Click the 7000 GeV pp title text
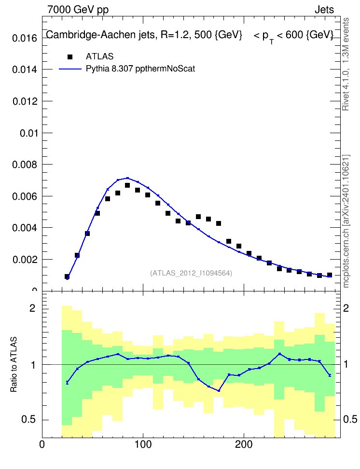[78, 10]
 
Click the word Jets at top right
[324, 10]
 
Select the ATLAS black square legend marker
[70, 56]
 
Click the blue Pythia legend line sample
[70, 69]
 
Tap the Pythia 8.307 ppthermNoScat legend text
[140, 69]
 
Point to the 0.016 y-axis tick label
[25, 38]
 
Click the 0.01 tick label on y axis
[28, 133]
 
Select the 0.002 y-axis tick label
[25, 259]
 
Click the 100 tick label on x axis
[143, 444]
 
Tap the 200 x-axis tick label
[244, 444]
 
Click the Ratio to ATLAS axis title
[14, 365]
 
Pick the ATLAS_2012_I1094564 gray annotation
[191, 273]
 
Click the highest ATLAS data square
[127, 185]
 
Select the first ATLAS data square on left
[67, 276]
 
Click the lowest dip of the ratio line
[219, 391]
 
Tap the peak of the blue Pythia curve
[127, 178]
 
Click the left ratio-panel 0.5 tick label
[29, 420]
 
